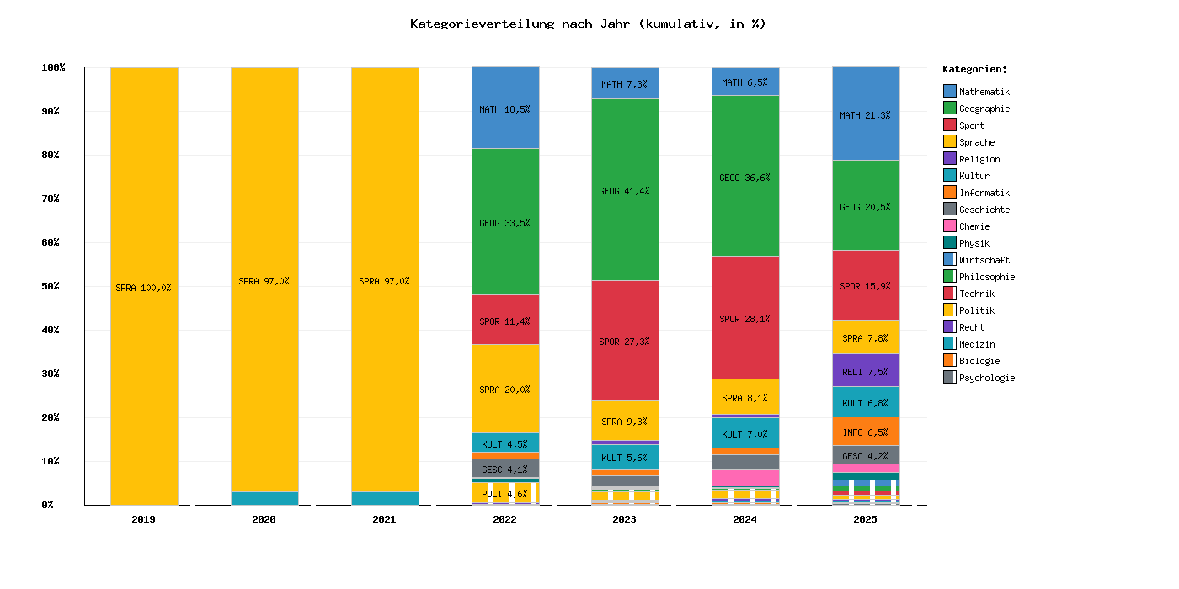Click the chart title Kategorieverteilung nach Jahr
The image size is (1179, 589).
click(588, 24)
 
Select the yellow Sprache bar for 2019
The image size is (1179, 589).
click(144, 286)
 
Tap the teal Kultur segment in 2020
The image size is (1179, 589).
click(264, 498)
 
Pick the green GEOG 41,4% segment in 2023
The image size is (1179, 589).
click(625, 190)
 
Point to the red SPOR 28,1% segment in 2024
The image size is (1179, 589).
click(745, 318)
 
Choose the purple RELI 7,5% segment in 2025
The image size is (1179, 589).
click(866, 370)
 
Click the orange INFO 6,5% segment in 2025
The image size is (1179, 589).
click(866, 432)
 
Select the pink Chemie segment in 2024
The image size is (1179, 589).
click(745, 477)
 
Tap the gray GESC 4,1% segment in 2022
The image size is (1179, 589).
click(505, 469)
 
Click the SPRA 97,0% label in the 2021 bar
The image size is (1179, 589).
click(384, 281)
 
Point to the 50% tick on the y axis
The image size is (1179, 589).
click(51, 286)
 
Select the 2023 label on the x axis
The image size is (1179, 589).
click(625, 519)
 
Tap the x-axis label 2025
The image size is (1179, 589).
click(865, 519)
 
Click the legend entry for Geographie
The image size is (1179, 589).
click(984, 109)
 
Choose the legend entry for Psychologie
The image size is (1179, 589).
click(986, 378)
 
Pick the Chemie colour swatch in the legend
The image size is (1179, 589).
click(950, 226)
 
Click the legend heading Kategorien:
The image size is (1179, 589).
click(974, 69)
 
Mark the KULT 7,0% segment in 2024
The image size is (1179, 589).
click(745, 433)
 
